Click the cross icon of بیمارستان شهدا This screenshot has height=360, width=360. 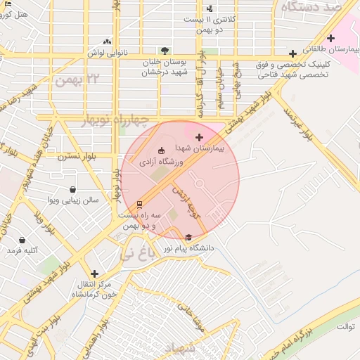[x=199, y=136]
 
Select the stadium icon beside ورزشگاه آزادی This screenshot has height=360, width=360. [x=161, y=150]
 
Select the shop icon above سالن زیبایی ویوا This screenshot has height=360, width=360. [x=73, y=189]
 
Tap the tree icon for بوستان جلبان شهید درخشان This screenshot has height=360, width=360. [x=165, y=51]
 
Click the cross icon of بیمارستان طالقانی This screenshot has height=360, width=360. [x=331, y=38]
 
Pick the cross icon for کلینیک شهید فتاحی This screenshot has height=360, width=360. [x=292, y=53]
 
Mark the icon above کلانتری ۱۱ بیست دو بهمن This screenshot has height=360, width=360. [x=210, y=8]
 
